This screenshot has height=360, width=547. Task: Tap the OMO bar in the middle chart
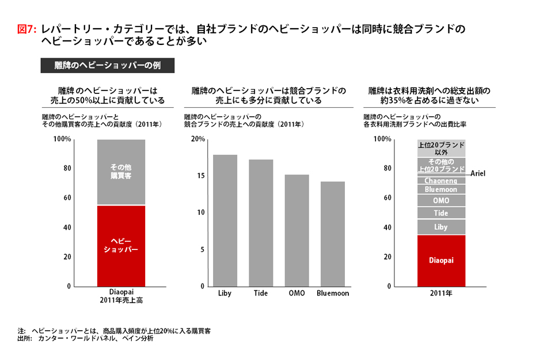pos(297,230)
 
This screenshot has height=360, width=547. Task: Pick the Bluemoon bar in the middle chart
pos(333,234)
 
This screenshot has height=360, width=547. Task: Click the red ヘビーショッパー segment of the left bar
pos(121,245)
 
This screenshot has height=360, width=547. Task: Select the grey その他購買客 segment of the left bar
pos(121,172)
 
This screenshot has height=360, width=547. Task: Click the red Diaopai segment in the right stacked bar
pos(441,260)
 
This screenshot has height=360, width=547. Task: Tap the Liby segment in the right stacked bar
pos(441,227)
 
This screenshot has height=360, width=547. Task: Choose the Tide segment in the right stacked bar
pos(441,213)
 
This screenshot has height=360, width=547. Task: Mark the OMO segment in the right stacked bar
pos(441,200)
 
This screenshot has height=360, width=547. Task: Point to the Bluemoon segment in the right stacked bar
pos(441,189)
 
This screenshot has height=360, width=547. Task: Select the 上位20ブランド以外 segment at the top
pos(441,148)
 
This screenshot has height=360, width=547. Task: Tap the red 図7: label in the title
pos(28,29)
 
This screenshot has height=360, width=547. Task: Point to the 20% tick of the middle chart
pos(197,139)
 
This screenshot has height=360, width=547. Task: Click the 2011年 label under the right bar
pos(441,294)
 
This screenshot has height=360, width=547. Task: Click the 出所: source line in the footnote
pos(86,339)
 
